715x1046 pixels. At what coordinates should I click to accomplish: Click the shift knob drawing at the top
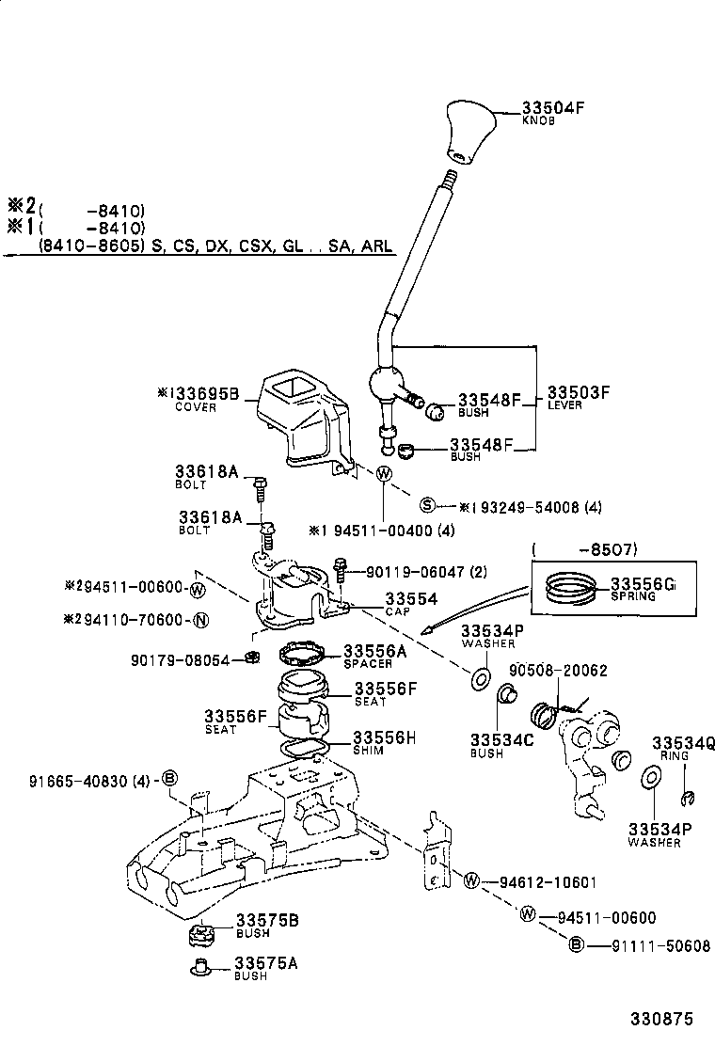pyautogui.click(x=466, y=133)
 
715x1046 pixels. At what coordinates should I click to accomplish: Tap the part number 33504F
pyautogui.click(x=553, y=106)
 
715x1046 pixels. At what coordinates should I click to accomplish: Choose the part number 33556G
pyautogui.click(x=643, y=584)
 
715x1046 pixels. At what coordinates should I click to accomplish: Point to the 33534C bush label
pyautogui.click(x=502, y=740)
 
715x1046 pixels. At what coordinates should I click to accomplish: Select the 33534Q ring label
pyautogui.click(x=684, y=742)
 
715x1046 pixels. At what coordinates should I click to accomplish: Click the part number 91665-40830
pyautogui.click(x=74, y=779)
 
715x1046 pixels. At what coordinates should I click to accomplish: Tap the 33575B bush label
pyautogui.click(x=266, y=920)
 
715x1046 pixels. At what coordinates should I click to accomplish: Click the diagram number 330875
pyautogui.click(x=661, y=1019)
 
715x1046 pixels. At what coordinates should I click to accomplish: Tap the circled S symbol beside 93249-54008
pyautogui.click(x=427, y=506)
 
